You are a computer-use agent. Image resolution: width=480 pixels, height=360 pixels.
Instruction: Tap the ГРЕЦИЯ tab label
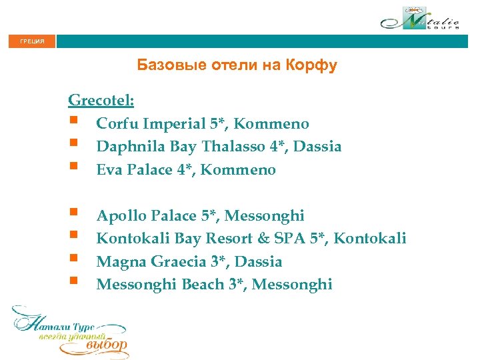[x=33, y=42]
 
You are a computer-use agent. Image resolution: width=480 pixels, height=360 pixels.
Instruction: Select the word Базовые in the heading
[x=166, y=65]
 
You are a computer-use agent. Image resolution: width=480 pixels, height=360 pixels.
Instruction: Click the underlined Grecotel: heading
[x=101, y=101]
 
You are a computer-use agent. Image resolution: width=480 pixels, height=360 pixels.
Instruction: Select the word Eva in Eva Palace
[x=108, y=170]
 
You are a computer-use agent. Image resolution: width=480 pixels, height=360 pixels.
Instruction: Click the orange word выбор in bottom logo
[x=107, y=345]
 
